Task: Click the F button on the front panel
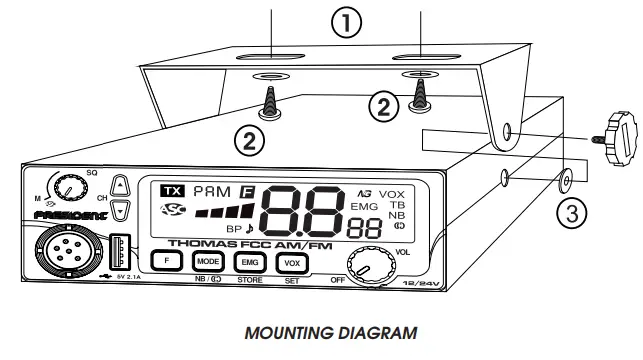(167, 261)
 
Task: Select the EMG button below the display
(248, 261)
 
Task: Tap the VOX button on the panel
(292, 261)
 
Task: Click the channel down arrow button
(121, 208)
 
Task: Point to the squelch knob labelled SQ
(70, 185)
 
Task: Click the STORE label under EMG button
(248, 282)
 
